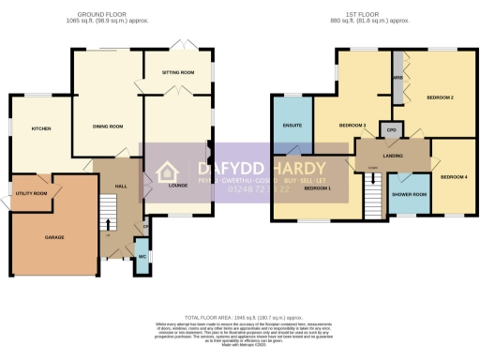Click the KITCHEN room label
click(x=40, y=128)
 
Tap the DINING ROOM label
click(x=109, y=127)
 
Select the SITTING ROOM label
click(x=179, y=72)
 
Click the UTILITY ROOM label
click(x=33, y=193)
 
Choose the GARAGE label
click(x=54, y=237)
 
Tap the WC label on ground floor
click(x=142, y=256)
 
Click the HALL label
click(x=121, y=187)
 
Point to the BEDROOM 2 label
click(x=440, y=97)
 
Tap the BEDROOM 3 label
click(x=352, y=126)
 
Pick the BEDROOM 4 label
click(x=453, y=176)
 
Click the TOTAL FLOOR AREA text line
click(x=240, y=318)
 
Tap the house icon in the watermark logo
click(x=167, y=172)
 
